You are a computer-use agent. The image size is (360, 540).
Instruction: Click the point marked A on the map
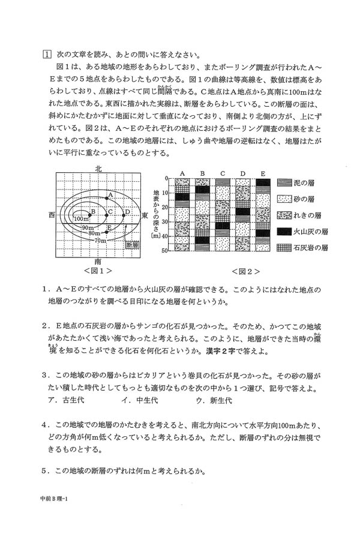(107, 198)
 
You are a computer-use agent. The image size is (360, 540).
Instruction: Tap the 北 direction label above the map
(98, 169)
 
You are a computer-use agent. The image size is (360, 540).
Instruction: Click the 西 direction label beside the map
(52, 214)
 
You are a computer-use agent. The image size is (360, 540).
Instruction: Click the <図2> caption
(224, 271)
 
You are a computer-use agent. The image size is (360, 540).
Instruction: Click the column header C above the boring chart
(223, 173)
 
